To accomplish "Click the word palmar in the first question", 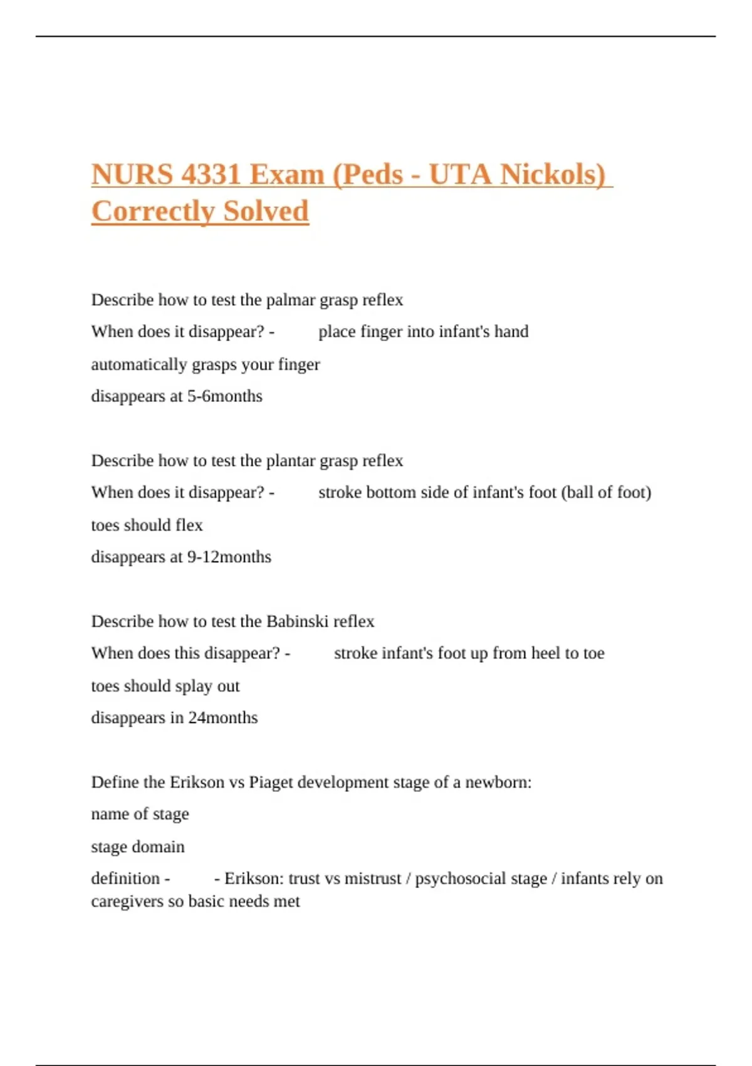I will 291,300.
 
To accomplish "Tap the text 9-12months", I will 229,557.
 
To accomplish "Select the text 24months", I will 223,717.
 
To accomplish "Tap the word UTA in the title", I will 461,174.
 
